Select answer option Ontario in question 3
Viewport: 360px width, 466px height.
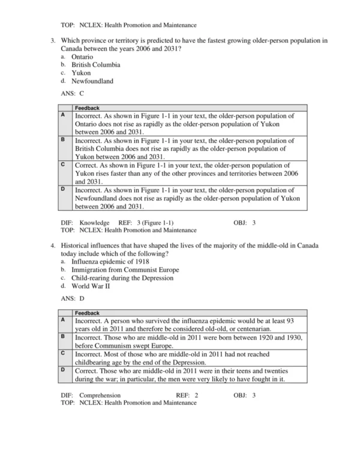coord(82,56)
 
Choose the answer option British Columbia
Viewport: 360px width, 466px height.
coord(95,64)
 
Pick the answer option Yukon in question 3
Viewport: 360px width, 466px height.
coord(81,73)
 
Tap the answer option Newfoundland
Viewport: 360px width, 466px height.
coord(92,81)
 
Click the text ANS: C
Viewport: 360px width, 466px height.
coord(73,94)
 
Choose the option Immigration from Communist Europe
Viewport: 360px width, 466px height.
coord(125,270)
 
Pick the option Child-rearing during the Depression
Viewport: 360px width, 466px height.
coord(122,278)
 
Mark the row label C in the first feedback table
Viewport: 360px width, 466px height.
coord(64,163)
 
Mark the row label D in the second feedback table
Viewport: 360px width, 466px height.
coord(64,369)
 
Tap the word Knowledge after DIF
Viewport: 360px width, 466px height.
coord(94,223)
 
